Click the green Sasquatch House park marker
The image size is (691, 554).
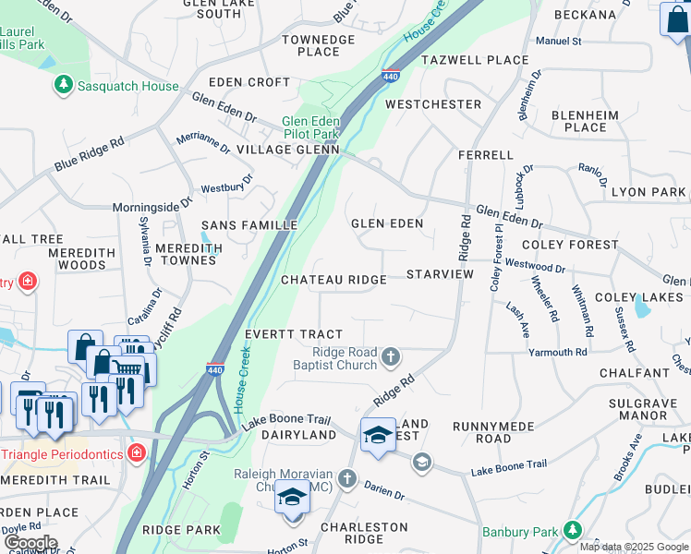(x=63, y=86)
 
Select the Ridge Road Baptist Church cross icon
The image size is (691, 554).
(x=391, y=355)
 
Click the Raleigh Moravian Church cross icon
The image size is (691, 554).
(x=346, y=477)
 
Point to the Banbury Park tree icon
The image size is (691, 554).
(x=573, y=530)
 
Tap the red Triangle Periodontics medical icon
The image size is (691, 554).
(x=137, y=452)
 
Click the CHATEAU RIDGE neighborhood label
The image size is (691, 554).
(x=333, y=280)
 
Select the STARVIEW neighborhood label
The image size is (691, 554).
(x=440, y=274)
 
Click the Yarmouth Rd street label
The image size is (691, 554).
(x=557, y=353)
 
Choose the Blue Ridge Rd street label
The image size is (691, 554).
(x=89, y=154)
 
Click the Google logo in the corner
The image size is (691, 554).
(x=30, y=543)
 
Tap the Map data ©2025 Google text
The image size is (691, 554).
(x=634, y=547)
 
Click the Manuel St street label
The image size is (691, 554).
(x=558, y=42)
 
